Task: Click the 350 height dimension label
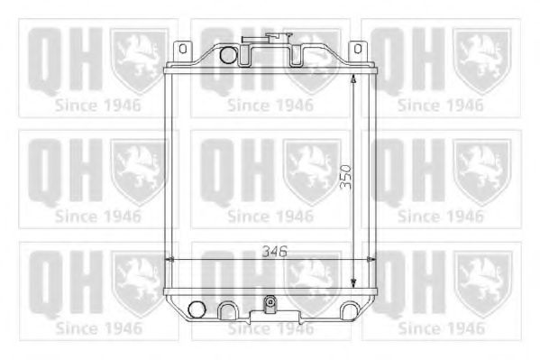[345, 177]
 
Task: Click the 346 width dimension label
[274, 252]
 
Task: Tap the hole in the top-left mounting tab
[183, 49]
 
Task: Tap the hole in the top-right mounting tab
[358, 49]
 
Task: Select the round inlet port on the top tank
[228, 55]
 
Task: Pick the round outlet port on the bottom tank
[197, 309]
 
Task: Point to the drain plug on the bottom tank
[270, 303]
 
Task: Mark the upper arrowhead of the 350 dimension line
[353, 78]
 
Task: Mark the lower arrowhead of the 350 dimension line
[353, 283]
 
